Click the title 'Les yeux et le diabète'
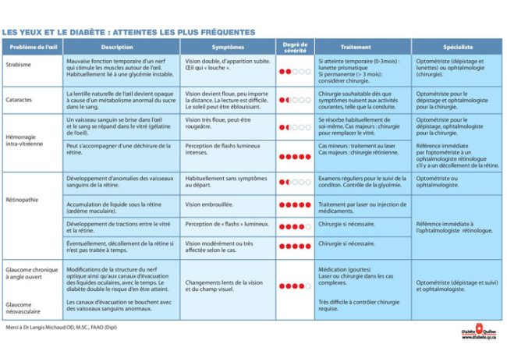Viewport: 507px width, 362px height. [x=129, y=32]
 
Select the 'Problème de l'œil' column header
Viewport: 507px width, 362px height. [x=32, y=48]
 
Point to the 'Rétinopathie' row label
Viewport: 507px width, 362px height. [x=23, y=199]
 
